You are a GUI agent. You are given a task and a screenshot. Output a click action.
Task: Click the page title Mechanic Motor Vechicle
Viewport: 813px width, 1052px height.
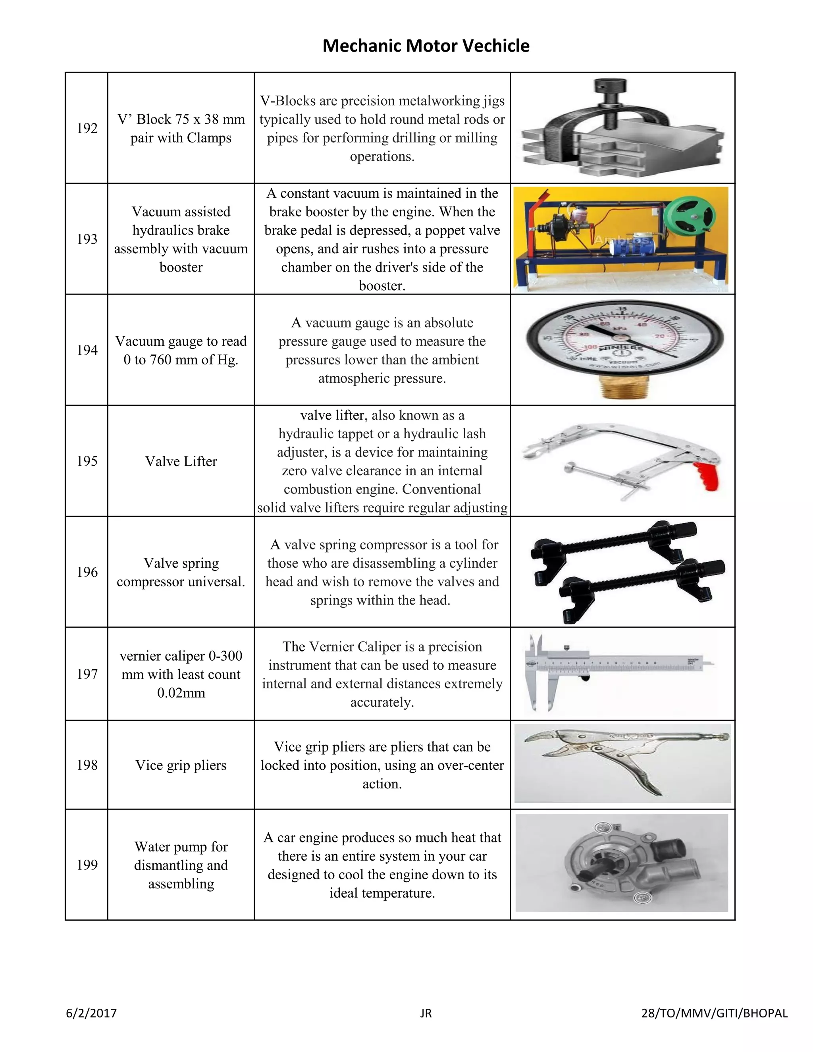[426, 46]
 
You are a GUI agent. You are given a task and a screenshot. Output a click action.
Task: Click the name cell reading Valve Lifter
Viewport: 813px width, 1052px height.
[181, 461]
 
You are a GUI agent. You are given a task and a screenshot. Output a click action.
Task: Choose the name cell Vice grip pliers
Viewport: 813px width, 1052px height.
[181, 765]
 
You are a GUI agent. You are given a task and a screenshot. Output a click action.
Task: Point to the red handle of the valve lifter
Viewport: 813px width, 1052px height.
[707, 476]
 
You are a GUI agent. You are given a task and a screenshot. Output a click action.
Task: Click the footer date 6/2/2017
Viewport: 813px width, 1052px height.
[92, 1013]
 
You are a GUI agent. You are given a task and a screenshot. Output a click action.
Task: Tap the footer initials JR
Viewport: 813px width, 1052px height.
[426, 1013]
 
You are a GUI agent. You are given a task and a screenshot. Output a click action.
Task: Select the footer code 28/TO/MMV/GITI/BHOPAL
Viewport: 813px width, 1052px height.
[714, 1013]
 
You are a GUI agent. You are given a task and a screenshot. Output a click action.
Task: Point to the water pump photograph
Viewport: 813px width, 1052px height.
[621, 863]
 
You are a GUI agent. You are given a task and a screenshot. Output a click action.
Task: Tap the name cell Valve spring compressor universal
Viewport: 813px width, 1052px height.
[181, 572]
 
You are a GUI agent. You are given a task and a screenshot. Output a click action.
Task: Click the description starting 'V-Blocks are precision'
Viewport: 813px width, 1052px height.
[382, 128]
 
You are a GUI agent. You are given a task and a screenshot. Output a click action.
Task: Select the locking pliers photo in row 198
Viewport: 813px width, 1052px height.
[622, 763]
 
